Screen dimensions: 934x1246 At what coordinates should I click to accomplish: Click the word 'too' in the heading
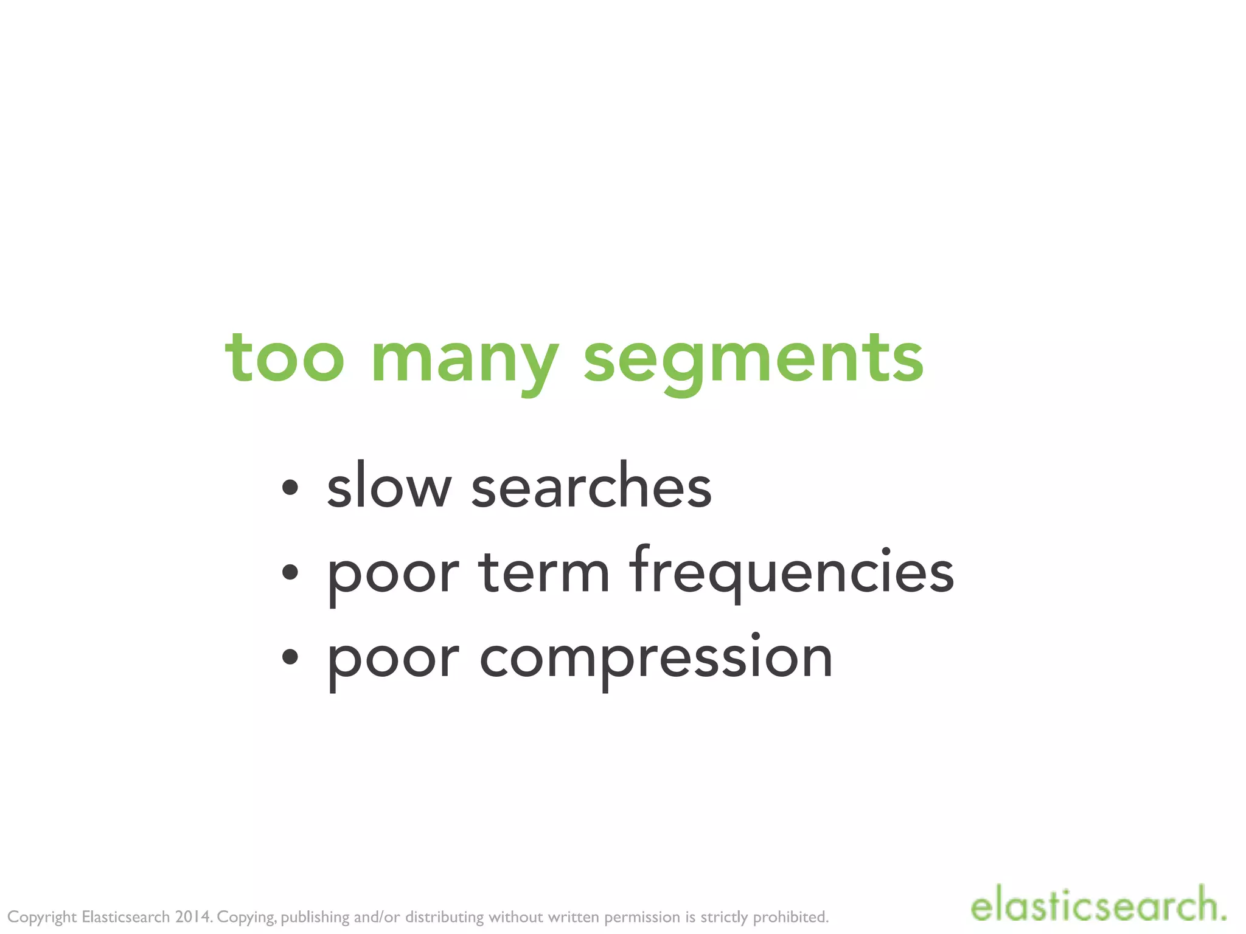285,359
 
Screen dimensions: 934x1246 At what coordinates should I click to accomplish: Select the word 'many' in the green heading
464,362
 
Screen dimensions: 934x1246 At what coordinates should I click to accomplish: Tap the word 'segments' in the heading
753,362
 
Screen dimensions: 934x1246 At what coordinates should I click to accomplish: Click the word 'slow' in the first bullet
389,486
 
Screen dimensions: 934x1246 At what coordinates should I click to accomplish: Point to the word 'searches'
591,486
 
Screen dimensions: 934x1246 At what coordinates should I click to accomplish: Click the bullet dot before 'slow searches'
290,487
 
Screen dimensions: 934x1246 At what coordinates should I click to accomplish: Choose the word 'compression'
656,660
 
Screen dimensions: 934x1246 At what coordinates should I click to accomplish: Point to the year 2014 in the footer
193,916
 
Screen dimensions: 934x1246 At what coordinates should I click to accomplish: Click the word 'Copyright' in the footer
42,917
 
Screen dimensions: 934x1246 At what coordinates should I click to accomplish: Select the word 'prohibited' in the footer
790,916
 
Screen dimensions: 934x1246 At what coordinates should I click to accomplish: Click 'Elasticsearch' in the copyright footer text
125,916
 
